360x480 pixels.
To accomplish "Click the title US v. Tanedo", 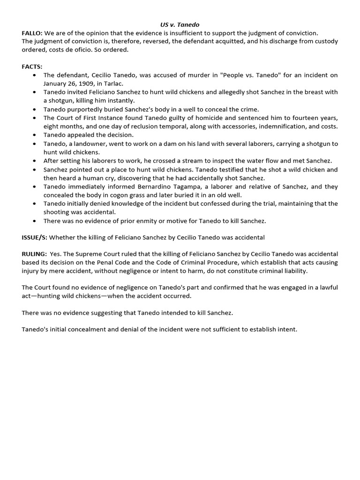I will click(x=180, y=24).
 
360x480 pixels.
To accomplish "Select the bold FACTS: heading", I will click(x=32, y=67).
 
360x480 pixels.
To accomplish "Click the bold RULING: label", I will click(x=34, y=255).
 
